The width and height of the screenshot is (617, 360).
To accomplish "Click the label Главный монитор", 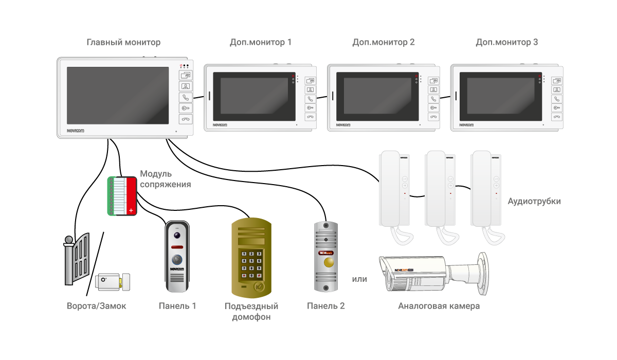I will pyautogui.click(x=123, y=43).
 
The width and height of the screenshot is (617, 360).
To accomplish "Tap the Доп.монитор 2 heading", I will pyautogui.click(x=384, y=43).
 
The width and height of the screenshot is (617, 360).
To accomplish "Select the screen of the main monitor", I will pyautogui.click(x=118, y=96).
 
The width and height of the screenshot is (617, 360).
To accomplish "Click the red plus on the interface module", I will pyautogui.click(x=131, y=209).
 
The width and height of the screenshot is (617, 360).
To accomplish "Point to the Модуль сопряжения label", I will pyautogui.click(x=165, y=179).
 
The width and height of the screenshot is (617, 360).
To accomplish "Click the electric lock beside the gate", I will pyautogui.click(x=112, y=281).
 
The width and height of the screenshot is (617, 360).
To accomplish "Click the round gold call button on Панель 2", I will pyautogui.click(x=326, y=264).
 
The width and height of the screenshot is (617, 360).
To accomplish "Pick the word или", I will pyautogui.click(x=359, y=279).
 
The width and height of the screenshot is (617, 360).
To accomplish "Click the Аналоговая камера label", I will pyautogui.click(x=439, y=306).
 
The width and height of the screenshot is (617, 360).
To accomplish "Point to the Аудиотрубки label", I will pyautogui.click(x=534, y=202).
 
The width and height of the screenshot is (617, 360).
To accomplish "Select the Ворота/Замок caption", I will pyautogui.click(x=97, y=306).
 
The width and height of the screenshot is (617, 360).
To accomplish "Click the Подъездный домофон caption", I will pyautogui.click(x=251, y=312).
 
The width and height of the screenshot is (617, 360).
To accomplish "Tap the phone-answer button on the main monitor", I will pyautogui.click(x=185, y=97).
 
